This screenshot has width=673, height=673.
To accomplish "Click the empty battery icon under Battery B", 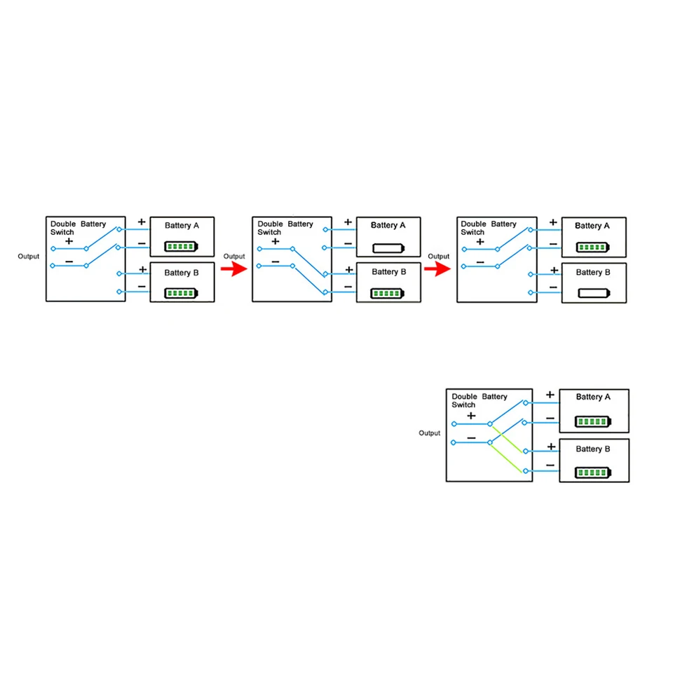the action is click(594, 293).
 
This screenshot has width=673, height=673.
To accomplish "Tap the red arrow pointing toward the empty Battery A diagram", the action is click(234, 269).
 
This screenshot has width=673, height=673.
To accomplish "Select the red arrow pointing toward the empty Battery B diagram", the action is click(437, 269).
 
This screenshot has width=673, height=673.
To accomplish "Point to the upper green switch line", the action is click(508, 439).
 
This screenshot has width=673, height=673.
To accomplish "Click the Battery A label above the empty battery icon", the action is click(388, 225).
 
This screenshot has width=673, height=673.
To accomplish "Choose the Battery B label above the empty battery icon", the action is click(593, 272).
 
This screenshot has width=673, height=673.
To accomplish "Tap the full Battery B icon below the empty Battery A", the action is click(388, 294).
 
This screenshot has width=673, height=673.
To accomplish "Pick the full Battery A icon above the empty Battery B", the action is click(593, 247).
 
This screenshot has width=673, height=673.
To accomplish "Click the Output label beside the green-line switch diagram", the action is click(430, 433).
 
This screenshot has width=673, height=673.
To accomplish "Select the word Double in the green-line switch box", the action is click(464, 397).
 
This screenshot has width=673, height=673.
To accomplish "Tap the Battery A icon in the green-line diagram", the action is click(593, 421).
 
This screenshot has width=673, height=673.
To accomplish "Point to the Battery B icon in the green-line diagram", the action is click(593, 473).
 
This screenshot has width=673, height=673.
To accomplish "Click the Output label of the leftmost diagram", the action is click(28, 257).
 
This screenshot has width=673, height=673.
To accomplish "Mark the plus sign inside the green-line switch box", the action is click(471, 416).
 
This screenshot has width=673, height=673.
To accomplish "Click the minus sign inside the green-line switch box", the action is click(471, 437).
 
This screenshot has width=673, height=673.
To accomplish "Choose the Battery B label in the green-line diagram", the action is click(593, 449).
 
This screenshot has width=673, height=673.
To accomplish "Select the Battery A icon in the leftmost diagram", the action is click(181, 246).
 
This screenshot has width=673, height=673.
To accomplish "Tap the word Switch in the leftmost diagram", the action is click(62, 232).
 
